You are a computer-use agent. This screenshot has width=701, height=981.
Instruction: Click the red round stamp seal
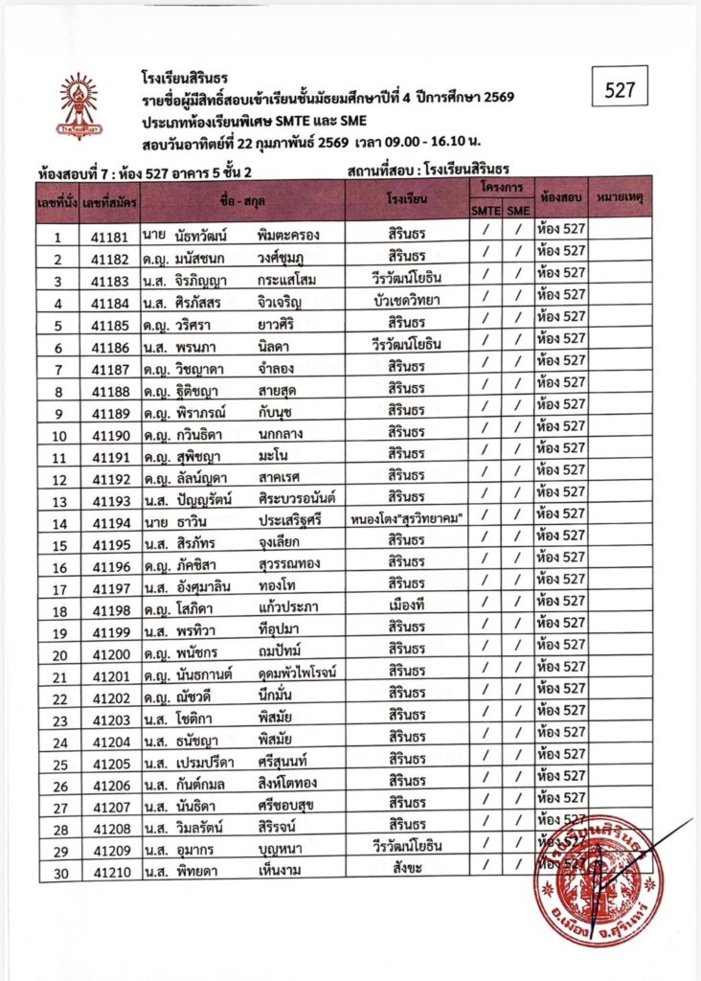click(x=599, y=879)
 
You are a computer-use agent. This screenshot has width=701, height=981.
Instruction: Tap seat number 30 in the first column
click(x=58, y=872)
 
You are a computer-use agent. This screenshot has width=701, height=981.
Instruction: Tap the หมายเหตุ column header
click(x=619, y=195)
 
